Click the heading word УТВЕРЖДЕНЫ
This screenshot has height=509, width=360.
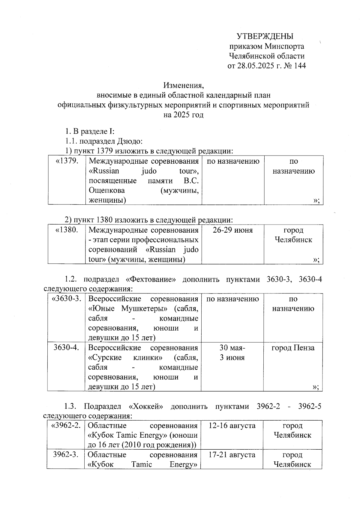[265, 37]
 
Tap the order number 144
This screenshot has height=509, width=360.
[300, 66]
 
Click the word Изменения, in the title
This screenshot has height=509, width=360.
[184, 85]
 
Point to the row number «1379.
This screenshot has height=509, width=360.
[67, 161]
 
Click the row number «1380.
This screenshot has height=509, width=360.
[67, 230]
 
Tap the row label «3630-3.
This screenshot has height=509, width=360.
[67, 299]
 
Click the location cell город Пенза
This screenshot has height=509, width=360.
[293, 348]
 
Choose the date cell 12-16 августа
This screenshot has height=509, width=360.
[232, 425]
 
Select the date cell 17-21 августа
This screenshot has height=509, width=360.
[232, 455]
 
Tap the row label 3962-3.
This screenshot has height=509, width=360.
[66, 455]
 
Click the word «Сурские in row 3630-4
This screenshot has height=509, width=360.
[105, 357]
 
